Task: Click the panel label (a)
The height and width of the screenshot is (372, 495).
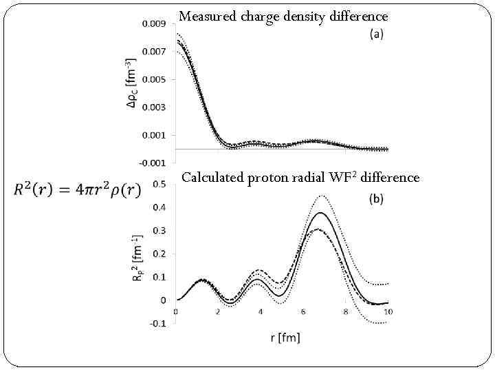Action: click(377, 34)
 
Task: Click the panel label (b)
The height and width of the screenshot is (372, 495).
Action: click(376, 199)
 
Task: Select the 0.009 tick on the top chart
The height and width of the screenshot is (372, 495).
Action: click(153, 24)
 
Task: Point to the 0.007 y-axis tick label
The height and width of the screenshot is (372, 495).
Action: click(153, 52)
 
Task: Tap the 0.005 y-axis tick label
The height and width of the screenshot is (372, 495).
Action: click(153, 79)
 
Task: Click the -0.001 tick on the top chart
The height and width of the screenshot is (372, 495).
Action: click(152, 163)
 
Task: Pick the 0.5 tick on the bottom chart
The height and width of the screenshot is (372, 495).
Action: click(159, 184)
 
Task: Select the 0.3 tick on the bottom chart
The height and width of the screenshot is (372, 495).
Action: click(159, 230)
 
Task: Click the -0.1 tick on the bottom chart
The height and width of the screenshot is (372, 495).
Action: click(157, 323)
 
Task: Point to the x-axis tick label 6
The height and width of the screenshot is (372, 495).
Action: click(303, 312)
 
